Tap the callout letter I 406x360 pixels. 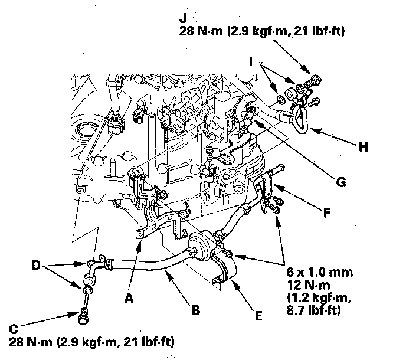pyautogui.click(x=253, y=61)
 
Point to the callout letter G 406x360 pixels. pyautogui.click(x=341, y=182)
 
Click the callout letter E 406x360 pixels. pyautogui.click(x=258, y=316)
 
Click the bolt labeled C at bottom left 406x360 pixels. pyautogui.click(x=82, y=317)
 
